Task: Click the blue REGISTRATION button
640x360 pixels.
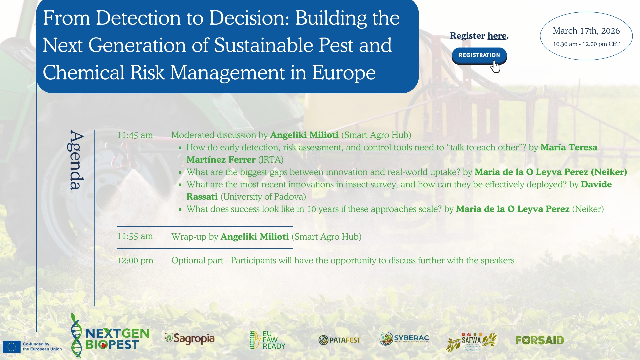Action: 479,55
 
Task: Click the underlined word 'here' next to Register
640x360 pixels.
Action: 497,36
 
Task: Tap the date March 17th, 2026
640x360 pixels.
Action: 586,31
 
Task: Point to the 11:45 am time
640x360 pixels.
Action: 135,135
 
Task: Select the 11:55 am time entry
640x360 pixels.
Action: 135,236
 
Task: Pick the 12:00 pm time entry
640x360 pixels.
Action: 135,261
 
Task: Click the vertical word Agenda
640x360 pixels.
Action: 76,160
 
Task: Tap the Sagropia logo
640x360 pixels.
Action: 190,339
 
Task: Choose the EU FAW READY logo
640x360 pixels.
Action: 267,340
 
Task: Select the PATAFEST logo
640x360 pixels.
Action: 339,340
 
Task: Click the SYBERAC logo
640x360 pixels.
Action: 404,339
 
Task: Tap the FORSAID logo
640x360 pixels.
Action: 540,340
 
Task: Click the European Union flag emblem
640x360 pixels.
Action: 12,347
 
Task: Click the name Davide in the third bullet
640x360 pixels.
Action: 596,185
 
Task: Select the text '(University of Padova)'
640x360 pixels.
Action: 263,197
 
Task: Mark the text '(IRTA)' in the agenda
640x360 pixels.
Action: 271,160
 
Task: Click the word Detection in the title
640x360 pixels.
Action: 138,18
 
